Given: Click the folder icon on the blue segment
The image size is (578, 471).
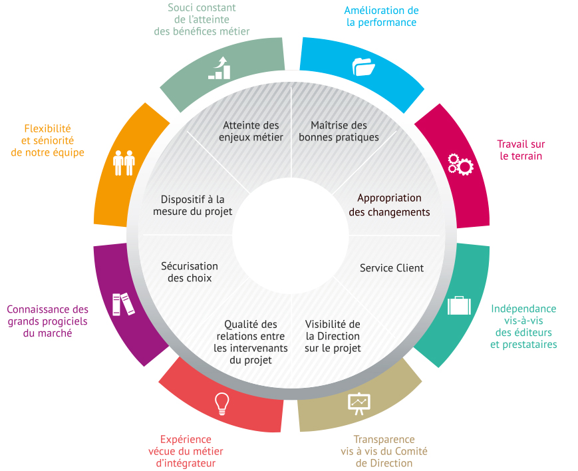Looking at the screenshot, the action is pyautogui.click(x=363, y=67).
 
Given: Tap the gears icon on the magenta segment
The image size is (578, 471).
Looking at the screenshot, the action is pyautogui.click(x=460, y=164).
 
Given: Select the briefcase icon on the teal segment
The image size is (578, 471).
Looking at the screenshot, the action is pyautogui.click(x=459, y=305).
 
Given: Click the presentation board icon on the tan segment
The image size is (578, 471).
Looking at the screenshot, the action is pyautogui.click(x=359, y=404).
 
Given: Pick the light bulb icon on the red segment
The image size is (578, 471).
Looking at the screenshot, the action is pyautogui.click(x=222, y=404).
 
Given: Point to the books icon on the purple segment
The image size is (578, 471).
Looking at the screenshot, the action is pyautogui.click(x=123, y=304).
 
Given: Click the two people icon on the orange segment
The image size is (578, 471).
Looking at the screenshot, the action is pyautogui.click(x=124, y=163).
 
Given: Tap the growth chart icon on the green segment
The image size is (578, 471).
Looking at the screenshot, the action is pyautogui.click(x=219, y=68).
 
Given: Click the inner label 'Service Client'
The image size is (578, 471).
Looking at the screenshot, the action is pyautogui.click(x=392, y=268).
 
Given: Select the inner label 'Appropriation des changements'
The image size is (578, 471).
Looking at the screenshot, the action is pyautogui.click(x=389, y=205).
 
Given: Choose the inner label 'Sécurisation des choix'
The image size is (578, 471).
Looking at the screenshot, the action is pyautogui.click(x=190, y=272).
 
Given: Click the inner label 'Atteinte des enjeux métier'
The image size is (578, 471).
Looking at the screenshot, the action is pyautogui.click(x=251, y=131).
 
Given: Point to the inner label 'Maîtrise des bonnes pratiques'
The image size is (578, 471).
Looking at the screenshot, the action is pyautogui.click(x=339, y=131).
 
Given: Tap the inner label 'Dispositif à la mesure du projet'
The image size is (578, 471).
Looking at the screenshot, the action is pyautogui.click(x=193, y=206).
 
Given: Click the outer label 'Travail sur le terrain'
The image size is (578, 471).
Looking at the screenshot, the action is pyautogui.click(x=521, y=150).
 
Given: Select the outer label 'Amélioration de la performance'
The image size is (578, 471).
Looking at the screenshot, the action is pyautogui.click(x=381, y=16).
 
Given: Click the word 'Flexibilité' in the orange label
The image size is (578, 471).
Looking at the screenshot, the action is pyautogui.click(x=47, y=128).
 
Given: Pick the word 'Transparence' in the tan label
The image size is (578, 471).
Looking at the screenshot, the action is pyautogui.click(x=384, y=439).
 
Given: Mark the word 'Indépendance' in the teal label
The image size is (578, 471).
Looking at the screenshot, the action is pyautogui.click(x=523, y=309).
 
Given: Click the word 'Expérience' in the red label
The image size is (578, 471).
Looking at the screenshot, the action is pyautogui.click(x=186, y=439).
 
